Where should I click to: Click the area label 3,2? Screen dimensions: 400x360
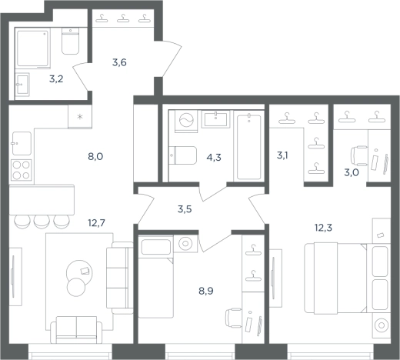pyautogui.click(x=56, y=79)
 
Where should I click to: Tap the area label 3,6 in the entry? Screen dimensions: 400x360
pyautogui.click(x=119, y=62)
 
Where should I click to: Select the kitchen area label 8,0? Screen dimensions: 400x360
pyautogui.click(x=95, y=156)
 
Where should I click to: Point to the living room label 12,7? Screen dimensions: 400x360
pyautogui.click(x=96, y=223)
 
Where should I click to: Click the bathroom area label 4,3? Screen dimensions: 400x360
pyautogui.click(x=214, y=157)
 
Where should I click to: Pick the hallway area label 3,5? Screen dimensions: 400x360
pyautogui.click(x=185, y=209)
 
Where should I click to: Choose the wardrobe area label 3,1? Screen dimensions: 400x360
pyautogui.click(x=282, y=155)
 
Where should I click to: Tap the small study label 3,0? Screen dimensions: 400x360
pyautogui.click(x=352, y=172)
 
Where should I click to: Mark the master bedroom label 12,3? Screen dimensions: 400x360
pyautogui.click(x=323, y=228)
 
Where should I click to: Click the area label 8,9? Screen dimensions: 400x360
pyautogui.click(x=206, y=291)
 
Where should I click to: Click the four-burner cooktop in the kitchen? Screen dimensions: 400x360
pyautogui.click(x=22, y=170)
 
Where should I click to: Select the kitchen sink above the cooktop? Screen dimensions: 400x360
pyautogui.click(x=22, y=144)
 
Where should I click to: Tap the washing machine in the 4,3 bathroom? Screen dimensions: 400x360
pyautogui.click(x=186, y=121)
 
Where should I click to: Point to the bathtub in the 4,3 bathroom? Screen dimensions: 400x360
pyautogui.click(x=249, y=147)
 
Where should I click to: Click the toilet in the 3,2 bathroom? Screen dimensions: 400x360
pyautogui.click(x=70, y=41)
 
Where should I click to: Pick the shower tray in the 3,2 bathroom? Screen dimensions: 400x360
pyautogui.click(x=32, y=48)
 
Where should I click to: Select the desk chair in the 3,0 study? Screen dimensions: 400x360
pyautogui.click(x=359, y=156)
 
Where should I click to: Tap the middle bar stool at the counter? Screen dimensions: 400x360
pyautogui.click(x=42, y=222)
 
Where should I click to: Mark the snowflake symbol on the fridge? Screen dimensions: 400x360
pyautogui.click(x=80, y=117)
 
